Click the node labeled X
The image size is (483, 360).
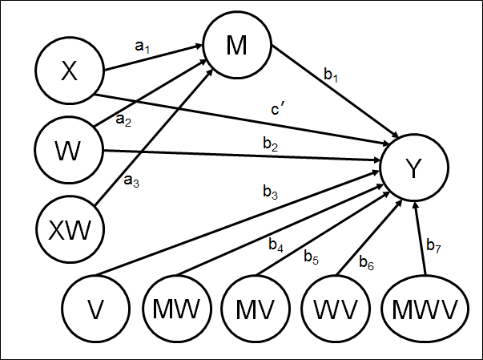pyautogui.click(x=70, y=72)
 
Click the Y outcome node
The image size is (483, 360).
pyautogui.click(x=413, y=168)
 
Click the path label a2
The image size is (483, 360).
pyautogui.click(x=123, y=120)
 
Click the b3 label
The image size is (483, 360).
pyautogui.click(x=271, y=192)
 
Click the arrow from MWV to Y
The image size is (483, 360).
pyautogui.click(x=415, y=241)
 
